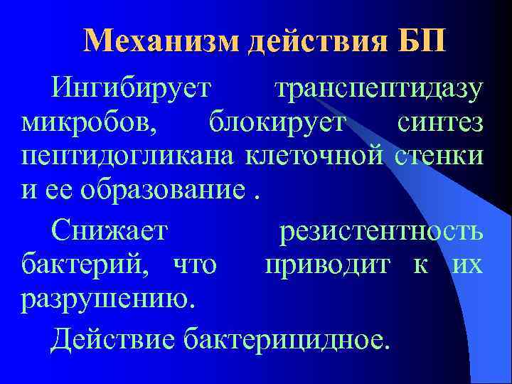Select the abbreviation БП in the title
tap(424, 42)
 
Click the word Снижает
tap(110, 231)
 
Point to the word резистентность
tap(382, 231)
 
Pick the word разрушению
tap(107, 299)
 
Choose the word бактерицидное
tap(287, 339)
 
